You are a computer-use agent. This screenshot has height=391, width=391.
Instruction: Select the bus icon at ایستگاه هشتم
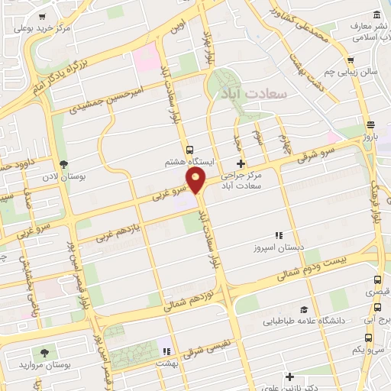[x=189, y=150]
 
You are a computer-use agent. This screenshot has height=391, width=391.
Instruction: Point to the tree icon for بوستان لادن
[x=63, y=163]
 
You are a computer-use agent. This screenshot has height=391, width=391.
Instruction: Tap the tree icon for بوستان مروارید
[x=46, y=352]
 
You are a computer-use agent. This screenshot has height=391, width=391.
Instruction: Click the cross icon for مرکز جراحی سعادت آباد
[x=241, y=163]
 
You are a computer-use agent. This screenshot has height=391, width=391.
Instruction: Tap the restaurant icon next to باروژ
[x=370, y=125]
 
